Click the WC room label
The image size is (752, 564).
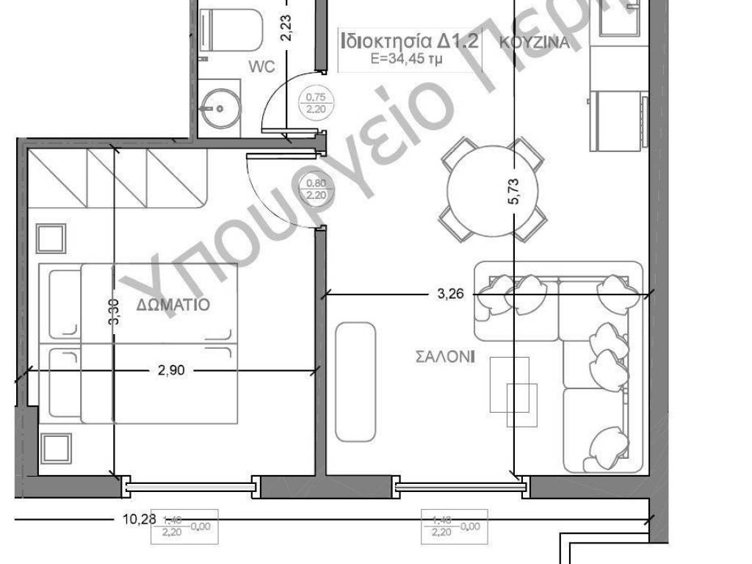pyautogui.click(x=261, y=68)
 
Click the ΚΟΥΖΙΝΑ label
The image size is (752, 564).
pyautogui.click(x=534, y=42)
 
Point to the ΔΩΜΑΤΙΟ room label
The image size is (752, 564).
pyautogui.click(x=173, y=304)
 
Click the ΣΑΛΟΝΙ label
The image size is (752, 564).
pyautogui.click(x=445, y=358)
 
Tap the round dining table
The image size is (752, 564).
pyautogui.click(x=493, y=189)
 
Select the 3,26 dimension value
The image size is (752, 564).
pyautogui.click(x=452, y=294)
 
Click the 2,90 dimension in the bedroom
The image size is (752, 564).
pyautogui.click(x=171, y=370)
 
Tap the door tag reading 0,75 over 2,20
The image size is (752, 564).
pyautogui.click(x=315, y=101)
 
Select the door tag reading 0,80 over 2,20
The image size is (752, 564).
pyautogui.click(x=316, y=189)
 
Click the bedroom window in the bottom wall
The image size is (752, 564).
pyautogui.click(x=191, y=485)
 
